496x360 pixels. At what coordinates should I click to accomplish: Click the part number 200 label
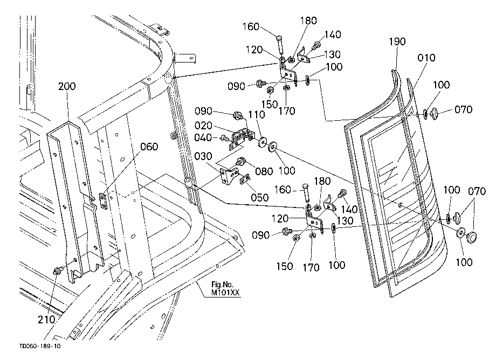(67, 86)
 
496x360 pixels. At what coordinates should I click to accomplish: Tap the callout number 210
(46, 320)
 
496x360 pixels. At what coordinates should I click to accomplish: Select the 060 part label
(149, 147)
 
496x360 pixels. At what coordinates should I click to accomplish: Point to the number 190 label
(397, 41)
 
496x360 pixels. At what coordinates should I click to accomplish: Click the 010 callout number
(426, 58)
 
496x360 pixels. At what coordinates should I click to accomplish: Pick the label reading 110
(257, 114)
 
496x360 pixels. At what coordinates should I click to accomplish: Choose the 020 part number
(203, 126)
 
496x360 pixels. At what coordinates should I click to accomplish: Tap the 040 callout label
(203, 137)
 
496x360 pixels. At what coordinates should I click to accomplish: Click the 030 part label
(203, 156)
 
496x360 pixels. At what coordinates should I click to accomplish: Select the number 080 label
(264, 171)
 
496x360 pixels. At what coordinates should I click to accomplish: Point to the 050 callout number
(260, 197)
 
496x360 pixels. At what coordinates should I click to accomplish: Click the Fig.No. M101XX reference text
(225, 288)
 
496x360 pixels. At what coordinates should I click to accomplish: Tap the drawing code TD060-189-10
(40, 346)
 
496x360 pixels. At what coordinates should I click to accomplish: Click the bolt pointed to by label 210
(58, 271)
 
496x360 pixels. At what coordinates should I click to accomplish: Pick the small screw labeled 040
(224, 138)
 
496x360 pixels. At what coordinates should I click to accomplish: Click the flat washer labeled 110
(262, 143)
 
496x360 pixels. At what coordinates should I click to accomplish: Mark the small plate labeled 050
(244, 179)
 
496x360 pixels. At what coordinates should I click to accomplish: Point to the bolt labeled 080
(240, 162)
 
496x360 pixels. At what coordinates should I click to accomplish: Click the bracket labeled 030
(229, 176)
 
